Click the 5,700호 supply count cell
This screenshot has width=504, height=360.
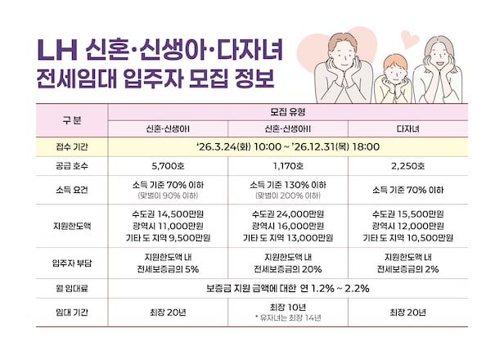pos(172,166)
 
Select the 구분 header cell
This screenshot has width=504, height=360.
pos(71,119)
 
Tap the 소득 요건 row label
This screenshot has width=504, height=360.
pos(71,189)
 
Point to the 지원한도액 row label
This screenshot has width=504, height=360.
pos(71,225)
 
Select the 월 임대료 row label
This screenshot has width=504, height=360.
pos(71,289)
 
